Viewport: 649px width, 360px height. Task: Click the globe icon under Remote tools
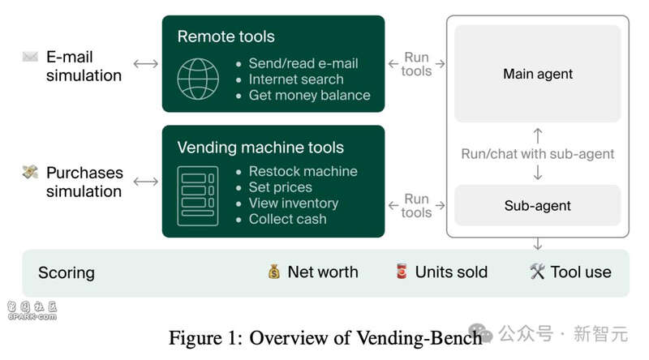click(198, 79)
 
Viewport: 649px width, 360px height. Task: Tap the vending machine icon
click(198, 195)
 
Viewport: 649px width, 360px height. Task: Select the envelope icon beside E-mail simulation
click(30, 56)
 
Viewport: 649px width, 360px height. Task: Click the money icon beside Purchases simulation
click(30, 172)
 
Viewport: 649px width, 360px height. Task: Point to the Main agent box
click(538, 74)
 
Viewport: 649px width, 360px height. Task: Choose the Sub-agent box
click(538, 205)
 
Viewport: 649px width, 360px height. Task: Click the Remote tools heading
click(226, 36)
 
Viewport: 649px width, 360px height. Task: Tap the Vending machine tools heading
click(260, 148)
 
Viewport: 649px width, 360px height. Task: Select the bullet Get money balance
click(309, 95)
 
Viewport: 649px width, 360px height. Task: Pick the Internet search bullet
click(296, 79)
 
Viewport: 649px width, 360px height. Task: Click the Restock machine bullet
click(303, 171)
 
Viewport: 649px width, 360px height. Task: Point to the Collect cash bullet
click(287, 219)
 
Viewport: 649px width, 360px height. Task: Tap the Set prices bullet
click(280, 187)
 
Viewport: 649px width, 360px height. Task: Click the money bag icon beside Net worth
click(274, 272)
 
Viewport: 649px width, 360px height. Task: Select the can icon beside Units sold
click(402, 272)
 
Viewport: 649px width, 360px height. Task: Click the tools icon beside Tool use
click(537, 272)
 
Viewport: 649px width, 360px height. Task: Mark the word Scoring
click(67, 272)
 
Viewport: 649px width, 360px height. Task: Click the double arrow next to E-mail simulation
click(146, 64)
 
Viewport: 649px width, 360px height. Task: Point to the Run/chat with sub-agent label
click(538, 154)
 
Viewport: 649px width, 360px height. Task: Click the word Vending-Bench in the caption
click(419, 337)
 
